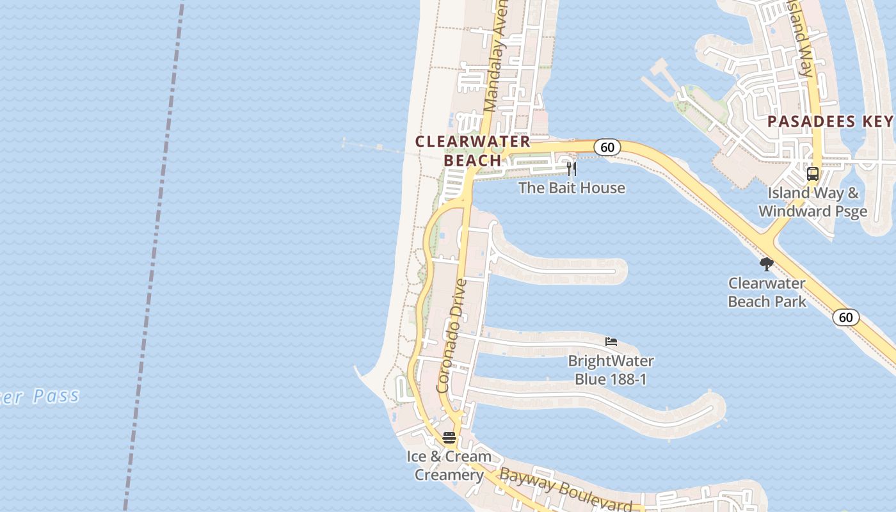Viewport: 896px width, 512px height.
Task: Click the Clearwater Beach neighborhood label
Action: [x=473, y=151]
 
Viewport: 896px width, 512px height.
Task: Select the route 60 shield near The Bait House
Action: [x=607, y=147]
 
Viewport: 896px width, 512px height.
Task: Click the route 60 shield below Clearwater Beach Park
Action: [x=846, y=317]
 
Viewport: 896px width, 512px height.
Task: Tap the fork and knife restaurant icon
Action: [x=572, y=169]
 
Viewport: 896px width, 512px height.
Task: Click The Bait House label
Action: [x=572, y=188]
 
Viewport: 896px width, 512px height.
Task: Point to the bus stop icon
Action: [x=812, y=173]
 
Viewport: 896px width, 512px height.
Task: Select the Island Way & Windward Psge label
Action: [x=813, y=202]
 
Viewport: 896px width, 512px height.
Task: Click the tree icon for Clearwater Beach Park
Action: [x=766, y=264]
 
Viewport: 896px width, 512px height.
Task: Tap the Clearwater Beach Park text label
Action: [x=767, y=292]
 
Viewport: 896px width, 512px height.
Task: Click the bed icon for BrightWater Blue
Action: [x=611, y=342]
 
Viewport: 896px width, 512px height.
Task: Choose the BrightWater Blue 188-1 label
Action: [x=611, y=370]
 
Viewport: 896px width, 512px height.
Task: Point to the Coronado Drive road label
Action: [x=452, y=335]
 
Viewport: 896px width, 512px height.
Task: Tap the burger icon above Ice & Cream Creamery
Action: [x=449, y=438]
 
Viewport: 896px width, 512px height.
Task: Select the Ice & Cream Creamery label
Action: [x=449, y=466]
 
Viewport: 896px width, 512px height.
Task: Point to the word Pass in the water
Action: [x=56, y=396]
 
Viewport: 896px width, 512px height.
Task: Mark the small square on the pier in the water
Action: [x=380, y=148]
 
